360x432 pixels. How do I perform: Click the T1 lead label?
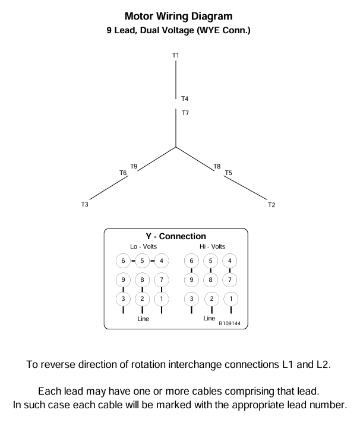click(175, 55)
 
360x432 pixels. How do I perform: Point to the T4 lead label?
click(185, 99)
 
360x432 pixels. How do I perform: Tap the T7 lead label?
click(185, 112)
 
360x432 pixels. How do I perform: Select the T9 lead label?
click(134, 166)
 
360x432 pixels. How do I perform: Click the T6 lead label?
click(123, 173)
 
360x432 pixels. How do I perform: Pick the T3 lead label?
click(84, 205)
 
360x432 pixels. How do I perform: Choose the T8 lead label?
click(217, 166)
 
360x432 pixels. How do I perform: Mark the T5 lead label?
click(228, 173)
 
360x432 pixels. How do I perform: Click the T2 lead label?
click(271, 205)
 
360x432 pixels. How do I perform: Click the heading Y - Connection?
click(176, 236)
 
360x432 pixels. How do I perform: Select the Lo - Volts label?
click(142, 247)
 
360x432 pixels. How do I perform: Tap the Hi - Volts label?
click(212, 247)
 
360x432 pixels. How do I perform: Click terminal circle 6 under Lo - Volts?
click(123, 261)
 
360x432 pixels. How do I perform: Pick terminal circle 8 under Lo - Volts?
click(142, 279)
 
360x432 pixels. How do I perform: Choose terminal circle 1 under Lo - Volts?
click(161, 298)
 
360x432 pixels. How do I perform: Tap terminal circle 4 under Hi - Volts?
click(230, 261)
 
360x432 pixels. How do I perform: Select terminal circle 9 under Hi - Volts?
click(191, 279)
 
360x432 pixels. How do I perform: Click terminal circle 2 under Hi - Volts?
click(211, 298)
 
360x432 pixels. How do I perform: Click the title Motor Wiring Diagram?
click(178, 17)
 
